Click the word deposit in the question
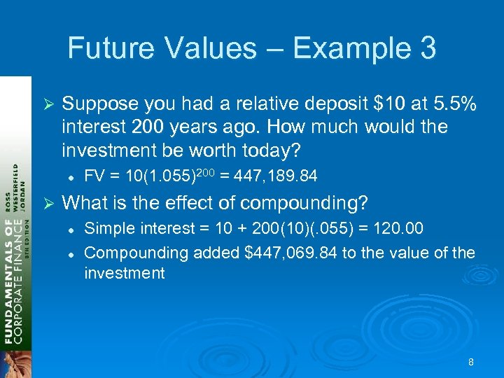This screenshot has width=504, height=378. [x=316, y=104]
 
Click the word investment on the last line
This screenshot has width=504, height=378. [x=125, y=273]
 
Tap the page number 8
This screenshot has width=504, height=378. [x=471, y=362]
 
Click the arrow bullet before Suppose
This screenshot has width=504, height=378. [x=48, y=104]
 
